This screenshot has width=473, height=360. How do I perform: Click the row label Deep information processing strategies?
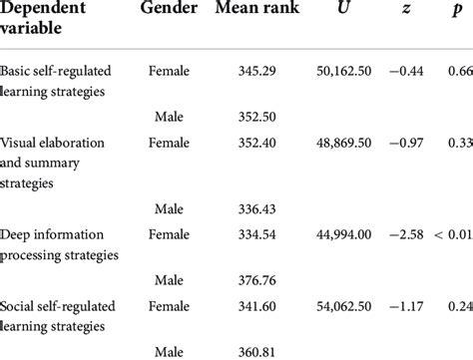pos(60,243)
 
